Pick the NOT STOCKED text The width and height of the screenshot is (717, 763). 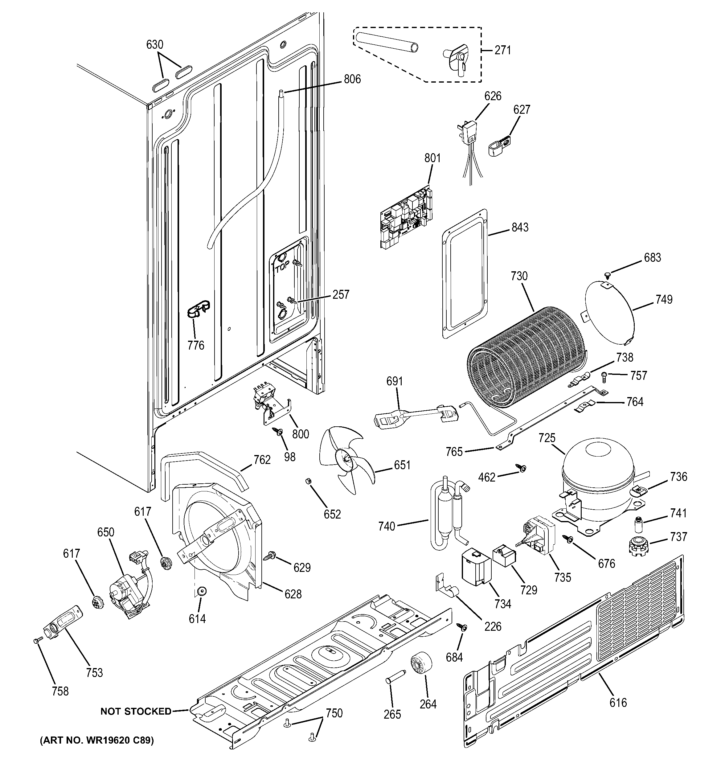(x=136, y=711)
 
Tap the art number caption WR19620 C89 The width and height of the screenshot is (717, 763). (x=97, y=740)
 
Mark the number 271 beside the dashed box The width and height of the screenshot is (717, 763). (x=502, y=50)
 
